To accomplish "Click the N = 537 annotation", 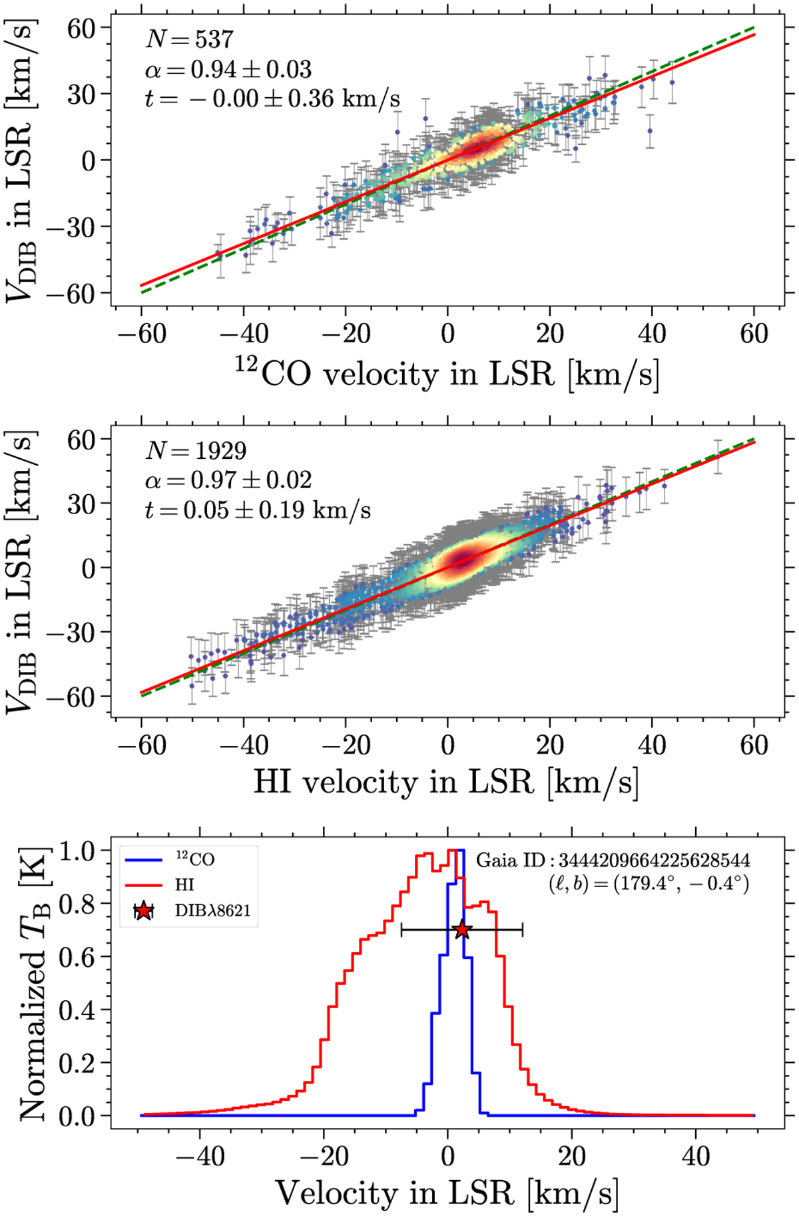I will coord(189,40).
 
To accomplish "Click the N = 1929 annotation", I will coord(196,451).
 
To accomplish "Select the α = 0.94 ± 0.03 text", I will coord(228,69).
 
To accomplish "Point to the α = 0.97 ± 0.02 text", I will coord(228,480).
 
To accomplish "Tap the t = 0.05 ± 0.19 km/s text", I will coord(258,510).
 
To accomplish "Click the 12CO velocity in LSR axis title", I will coord(447,374).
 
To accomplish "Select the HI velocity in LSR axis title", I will coord(446,781).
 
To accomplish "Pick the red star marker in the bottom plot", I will coord(461,930).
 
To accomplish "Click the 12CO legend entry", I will coord(194,860).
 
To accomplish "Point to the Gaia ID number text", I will coord(613,860).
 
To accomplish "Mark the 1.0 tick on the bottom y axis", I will coord(79,850).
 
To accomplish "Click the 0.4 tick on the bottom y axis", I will coord(79,1010).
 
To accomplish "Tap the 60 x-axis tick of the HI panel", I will coord(754,745).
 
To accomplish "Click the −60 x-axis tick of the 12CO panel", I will coord(141,334).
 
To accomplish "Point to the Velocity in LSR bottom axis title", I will coord(447,1193).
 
